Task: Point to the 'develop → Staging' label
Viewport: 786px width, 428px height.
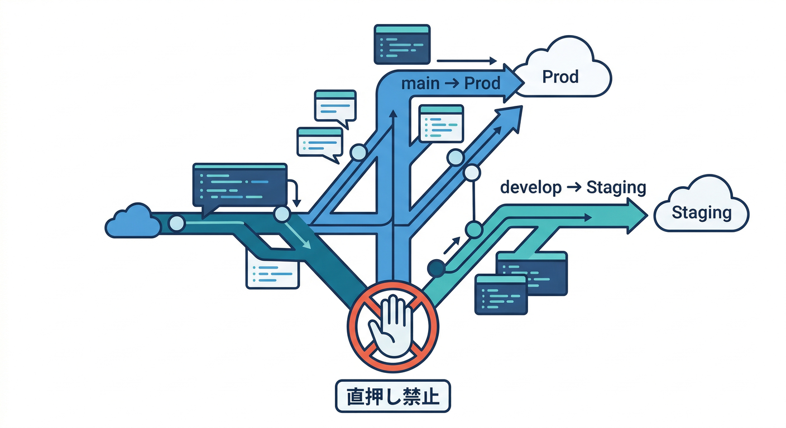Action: point(573,187)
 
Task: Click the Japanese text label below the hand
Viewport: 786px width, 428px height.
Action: point(392,396)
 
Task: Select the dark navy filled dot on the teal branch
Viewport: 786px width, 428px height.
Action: point(435,269)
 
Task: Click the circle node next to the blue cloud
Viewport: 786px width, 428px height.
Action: point(176,223)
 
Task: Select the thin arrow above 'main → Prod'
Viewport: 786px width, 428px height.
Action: point(467,61)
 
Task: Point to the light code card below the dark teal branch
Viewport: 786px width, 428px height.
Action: point(272,269)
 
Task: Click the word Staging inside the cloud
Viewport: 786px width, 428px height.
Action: point(701,213)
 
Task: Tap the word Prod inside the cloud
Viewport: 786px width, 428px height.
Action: point(560,77)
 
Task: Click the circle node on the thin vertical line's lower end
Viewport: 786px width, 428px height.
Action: point(473,228)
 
